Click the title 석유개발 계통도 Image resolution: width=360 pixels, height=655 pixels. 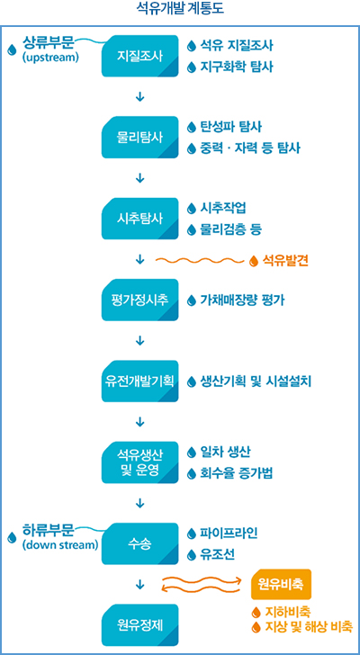pyautogui.click(x=180, y=9)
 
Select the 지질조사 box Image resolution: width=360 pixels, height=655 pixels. pyautogui.click(x=139, y=56)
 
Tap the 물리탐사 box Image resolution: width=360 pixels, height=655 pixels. pyautogui.click(x=139, y=137)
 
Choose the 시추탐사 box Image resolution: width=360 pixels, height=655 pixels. pyautogui.click(x=139, y=219)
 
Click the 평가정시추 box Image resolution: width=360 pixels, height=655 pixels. pyautogui.click(x=139, y=300)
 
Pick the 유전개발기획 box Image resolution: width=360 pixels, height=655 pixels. pyautogui.click(x=139, y=381)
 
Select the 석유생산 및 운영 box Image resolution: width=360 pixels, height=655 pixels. pyautogui.click(x=139, y=462)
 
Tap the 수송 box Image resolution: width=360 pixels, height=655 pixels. pyautogui.click(x=139, y=543)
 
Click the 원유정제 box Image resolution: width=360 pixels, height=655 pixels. pyautogui.click(x=139, y=625)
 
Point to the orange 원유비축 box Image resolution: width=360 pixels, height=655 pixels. pyautogui.click(x=282, y=584)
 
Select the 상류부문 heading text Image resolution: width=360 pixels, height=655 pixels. pyautogui.click(x=49, y=42)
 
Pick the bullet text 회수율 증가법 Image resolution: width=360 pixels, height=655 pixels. pyautogui.click(x=237, y=473)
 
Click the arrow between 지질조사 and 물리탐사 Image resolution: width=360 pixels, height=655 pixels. pyautogui.click(x=139, y=96)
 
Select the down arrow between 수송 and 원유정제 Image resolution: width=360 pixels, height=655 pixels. pyautogui.click(x=139, y=585)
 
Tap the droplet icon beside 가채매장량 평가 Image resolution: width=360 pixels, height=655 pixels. pyautogui.click(x=192, y=300)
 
